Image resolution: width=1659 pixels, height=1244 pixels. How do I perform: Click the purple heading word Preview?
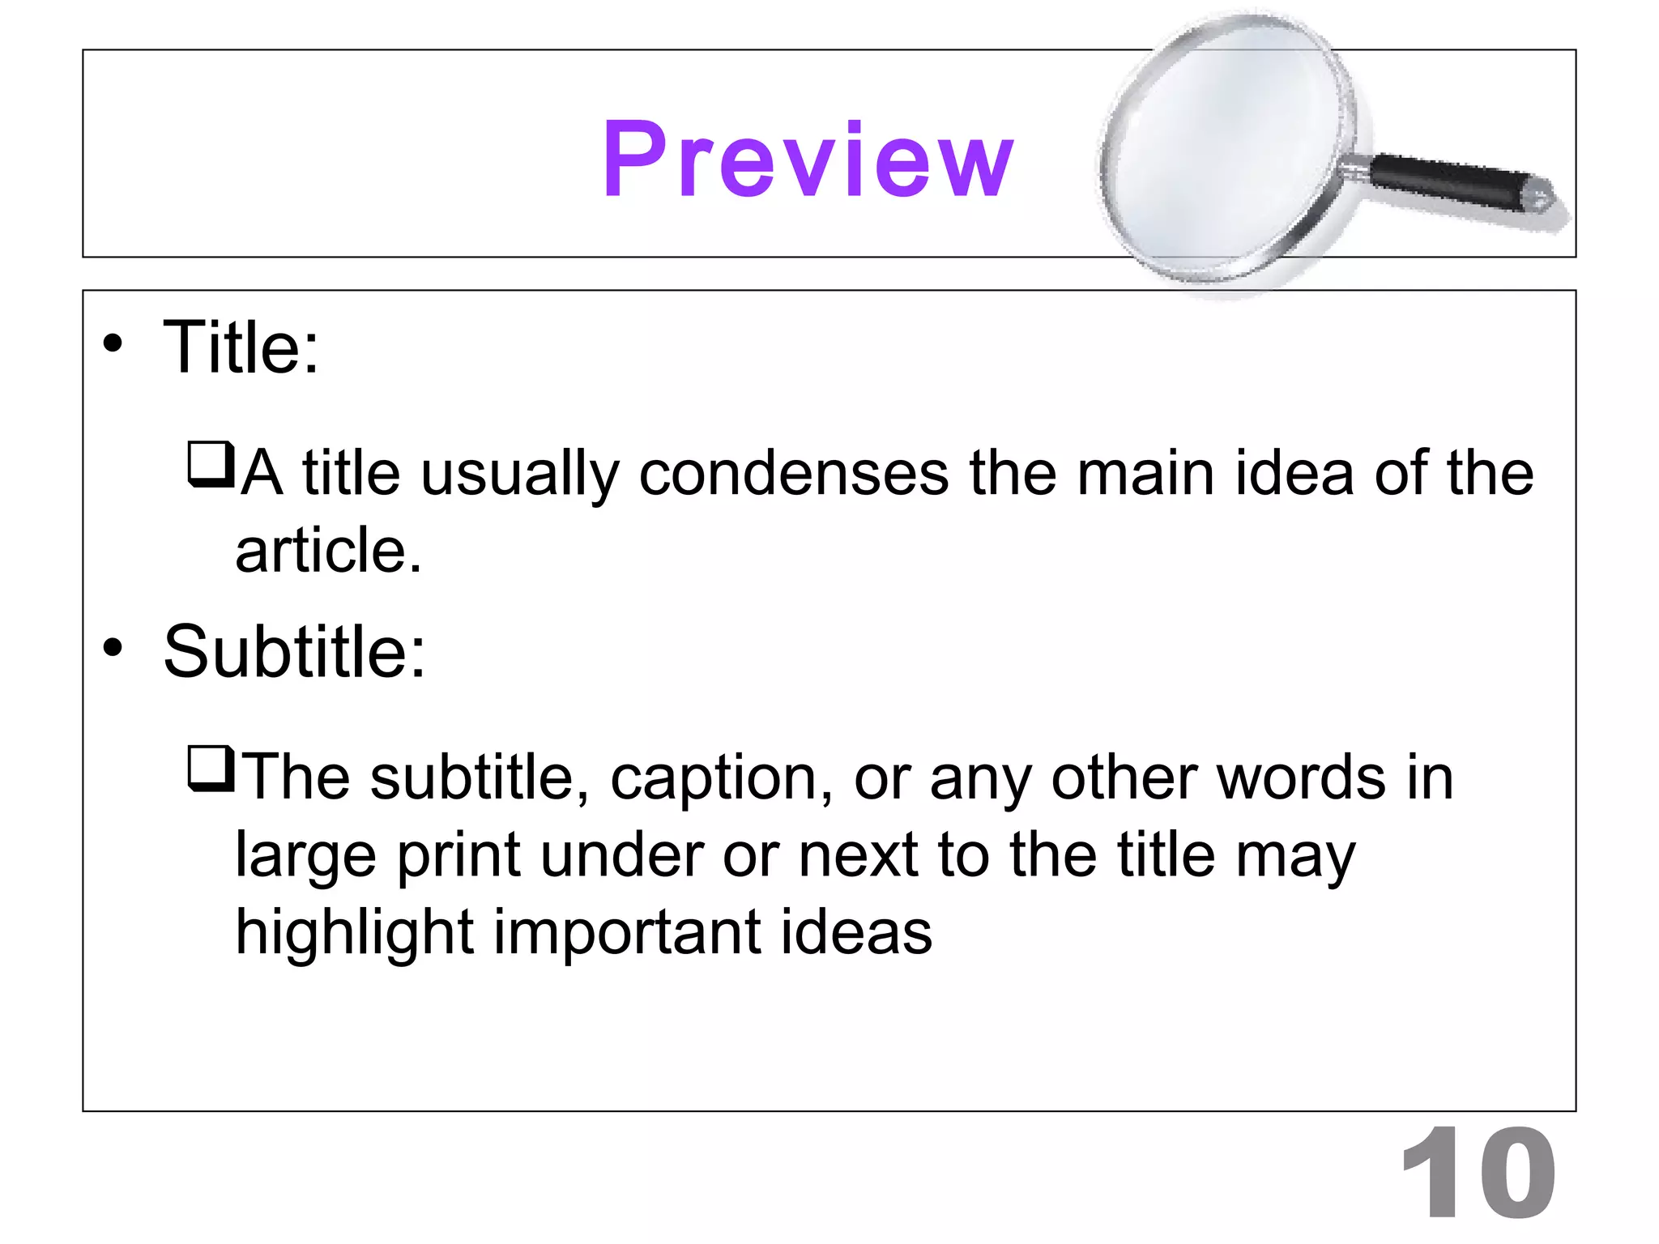(x=808, y=159)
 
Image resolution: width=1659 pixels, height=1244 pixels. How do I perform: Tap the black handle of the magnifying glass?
(x=1450, y=180)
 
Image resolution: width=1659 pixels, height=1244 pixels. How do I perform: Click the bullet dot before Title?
(x=113, y=343)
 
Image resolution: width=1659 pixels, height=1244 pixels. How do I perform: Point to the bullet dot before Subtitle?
(x=113, y=647)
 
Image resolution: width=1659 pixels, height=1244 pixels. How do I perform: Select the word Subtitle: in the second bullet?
(x=294, y=651)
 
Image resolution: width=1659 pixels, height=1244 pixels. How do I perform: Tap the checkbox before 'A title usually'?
(x=210, y=465)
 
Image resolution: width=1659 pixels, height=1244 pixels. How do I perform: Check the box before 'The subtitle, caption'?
(x=210, y=769)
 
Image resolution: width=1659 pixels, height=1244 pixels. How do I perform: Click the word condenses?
(x=793, y=473)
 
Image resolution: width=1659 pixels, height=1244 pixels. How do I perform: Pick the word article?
(x=328, y=550)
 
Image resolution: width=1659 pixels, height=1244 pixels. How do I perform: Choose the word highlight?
(x=354, y=933)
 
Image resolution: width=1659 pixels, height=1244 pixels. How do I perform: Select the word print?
(x=458, y=857)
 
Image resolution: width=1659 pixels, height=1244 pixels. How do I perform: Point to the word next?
(x=858, y=855)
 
